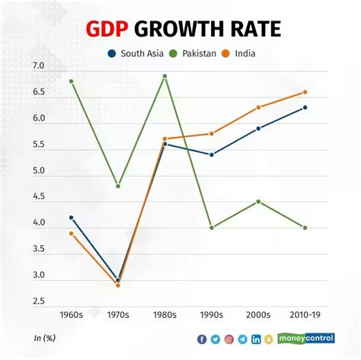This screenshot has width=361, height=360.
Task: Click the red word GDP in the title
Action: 107,29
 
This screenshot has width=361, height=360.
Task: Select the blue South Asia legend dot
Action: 112,53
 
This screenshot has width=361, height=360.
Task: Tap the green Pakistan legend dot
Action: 174,53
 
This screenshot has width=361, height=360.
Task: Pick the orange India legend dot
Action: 225,53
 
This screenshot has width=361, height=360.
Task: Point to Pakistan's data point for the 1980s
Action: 165,76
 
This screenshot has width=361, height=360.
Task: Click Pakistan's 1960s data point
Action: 72,81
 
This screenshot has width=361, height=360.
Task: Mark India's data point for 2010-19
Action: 305,92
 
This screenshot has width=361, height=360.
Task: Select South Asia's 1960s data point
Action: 72,218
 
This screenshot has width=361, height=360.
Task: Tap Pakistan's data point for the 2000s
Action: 258,202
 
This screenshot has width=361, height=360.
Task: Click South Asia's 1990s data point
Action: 212,155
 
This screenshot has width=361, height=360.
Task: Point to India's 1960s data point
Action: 72,233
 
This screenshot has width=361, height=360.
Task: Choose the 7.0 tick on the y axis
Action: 39,65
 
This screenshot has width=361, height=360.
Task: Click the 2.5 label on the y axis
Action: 39,301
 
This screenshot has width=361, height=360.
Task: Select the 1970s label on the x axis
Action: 118,315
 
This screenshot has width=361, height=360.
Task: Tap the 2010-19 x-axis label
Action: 305,315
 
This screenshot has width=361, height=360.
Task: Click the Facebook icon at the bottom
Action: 202,339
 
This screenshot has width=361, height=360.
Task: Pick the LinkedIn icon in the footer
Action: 256,339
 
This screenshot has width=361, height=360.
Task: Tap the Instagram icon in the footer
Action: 229,339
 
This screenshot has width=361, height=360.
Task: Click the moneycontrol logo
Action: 306,339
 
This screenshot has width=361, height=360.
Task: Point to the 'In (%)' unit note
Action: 45,338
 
